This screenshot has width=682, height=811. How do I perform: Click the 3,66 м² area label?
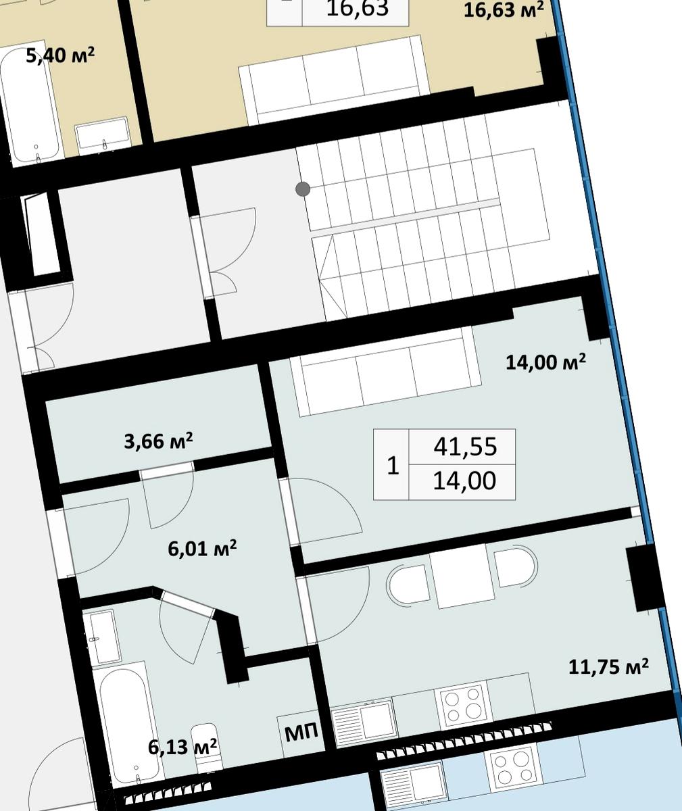(x=158, y=441)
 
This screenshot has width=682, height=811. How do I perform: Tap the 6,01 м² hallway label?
(x=202, y=547)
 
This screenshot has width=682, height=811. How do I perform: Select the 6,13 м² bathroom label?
(x=182, y=746)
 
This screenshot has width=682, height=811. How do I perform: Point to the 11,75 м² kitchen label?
(x=608, y=667)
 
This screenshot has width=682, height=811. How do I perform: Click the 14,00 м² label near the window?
(x=545, y=362)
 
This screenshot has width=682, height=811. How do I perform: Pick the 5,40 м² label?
(x=60, y=55)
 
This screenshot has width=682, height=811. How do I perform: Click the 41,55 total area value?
(x=465, y=447)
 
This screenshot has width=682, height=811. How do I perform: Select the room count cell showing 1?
(x=393, y=466)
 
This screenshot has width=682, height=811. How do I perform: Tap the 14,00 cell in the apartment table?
(x=464, y=481)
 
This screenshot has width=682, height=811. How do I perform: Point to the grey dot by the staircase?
(x=303, y=189)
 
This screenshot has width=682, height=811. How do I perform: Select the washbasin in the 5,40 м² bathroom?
(x=103, y=136)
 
